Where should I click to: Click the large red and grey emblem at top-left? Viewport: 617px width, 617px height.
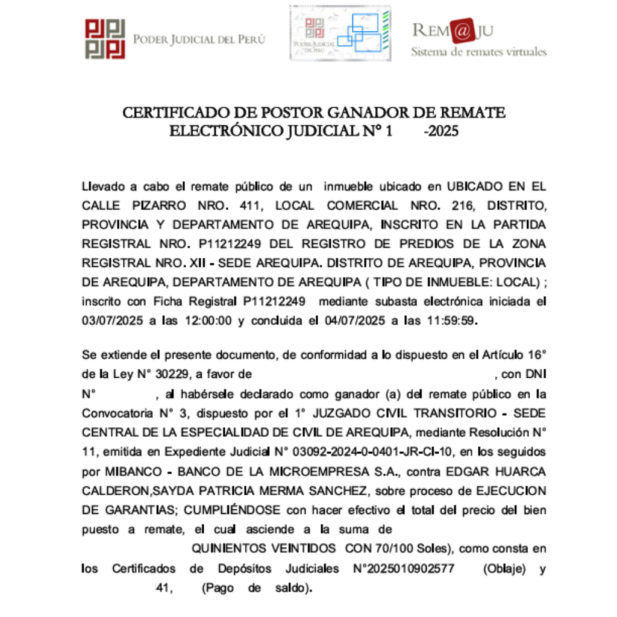click(x=105, y=39)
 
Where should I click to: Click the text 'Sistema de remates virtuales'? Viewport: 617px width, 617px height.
click(x=478, y=52)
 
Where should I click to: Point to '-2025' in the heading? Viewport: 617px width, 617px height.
click(x=441, y=131)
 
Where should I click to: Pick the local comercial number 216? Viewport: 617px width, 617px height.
click(x=463, y=205)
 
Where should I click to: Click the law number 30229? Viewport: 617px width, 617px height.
click(x=172, y=374)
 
